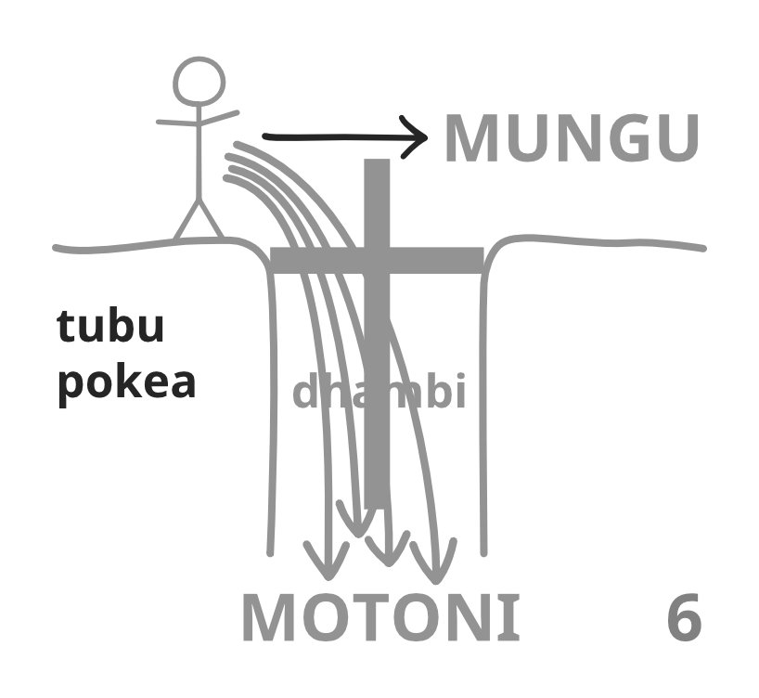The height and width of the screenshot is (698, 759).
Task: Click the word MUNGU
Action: point(570,139)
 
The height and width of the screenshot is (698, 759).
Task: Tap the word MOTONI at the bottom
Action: point(380,618)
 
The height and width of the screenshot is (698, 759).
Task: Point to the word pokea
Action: point(127,381)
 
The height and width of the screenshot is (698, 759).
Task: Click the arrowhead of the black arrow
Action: point(418,138)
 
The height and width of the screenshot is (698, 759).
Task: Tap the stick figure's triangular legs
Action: point(199,221)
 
